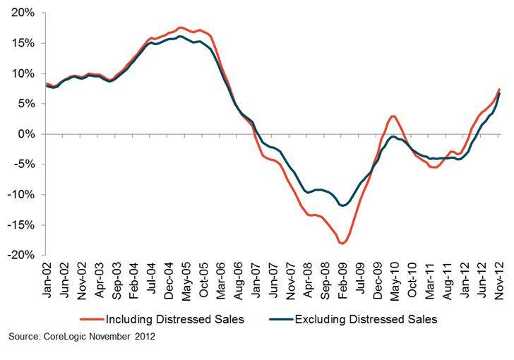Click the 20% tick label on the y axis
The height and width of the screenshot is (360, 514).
pos(24,13)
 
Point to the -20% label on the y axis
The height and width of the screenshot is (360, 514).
pos(22,256)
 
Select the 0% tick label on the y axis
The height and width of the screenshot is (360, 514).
pos(27,134)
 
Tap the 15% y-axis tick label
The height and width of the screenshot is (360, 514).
pos(24,43)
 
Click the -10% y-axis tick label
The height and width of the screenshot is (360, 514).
pos(22,195)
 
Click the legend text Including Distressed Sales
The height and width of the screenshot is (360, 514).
pos(177,320)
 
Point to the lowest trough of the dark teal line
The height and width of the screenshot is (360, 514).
pos(344,205)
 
